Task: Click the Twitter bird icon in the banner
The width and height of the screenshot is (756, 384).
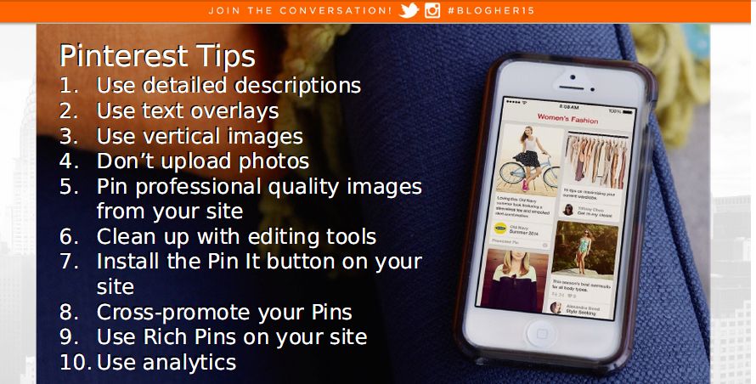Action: (x=409, y=11)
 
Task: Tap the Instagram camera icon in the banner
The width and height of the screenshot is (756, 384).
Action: (x=432, y=11)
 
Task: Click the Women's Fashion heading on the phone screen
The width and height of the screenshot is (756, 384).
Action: (x=567, y=120)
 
